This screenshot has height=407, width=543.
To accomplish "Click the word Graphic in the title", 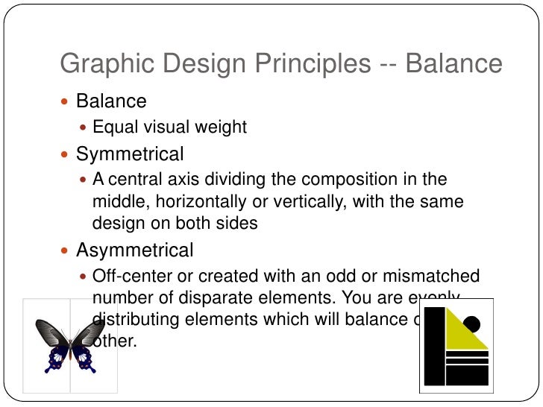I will pyautogui.click(x=100, y=65).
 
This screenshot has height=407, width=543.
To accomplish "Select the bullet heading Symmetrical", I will pyautogui.click(x=130, y=154).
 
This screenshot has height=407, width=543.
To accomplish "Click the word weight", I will pyautogui.click(x=221, y=127).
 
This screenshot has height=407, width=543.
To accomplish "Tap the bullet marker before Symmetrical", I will pyautogui.click(x=64, y=155).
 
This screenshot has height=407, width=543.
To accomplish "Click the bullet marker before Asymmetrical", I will pyautogui.click(x=64, y=250).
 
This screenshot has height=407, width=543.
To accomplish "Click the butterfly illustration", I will pyautogui.click(x=70, y=345).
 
